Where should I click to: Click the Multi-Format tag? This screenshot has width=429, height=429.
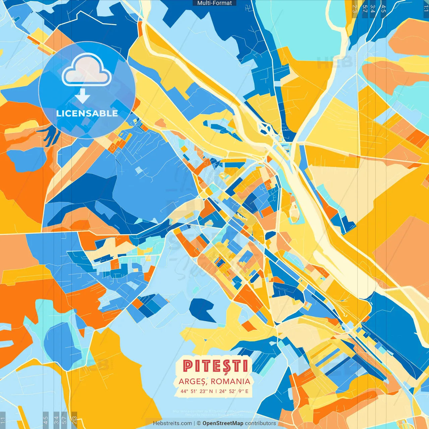point(214,3)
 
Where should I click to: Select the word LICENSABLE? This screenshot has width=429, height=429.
point(87,113)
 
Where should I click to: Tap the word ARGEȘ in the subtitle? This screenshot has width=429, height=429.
point(192,381)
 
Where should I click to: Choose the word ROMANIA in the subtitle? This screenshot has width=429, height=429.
point(231,381)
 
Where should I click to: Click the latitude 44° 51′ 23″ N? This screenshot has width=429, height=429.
point(197,391)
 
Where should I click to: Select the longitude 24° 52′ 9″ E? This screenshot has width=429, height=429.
point(234,391)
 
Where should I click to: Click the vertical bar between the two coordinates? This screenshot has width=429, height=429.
point(216,391)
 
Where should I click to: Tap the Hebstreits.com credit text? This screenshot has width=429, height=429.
point(173,423)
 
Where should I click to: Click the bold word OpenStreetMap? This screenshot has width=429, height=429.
point(223,423)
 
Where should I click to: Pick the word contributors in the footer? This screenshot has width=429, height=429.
point(260,423)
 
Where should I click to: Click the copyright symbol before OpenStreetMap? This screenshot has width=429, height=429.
point(198,423)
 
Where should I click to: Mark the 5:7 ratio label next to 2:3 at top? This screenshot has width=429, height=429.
point(365,9)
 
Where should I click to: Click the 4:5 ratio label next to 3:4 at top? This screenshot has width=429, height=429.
point(383,9)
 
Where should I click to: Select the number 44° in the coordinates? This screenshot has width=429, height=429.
point(184,391)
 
